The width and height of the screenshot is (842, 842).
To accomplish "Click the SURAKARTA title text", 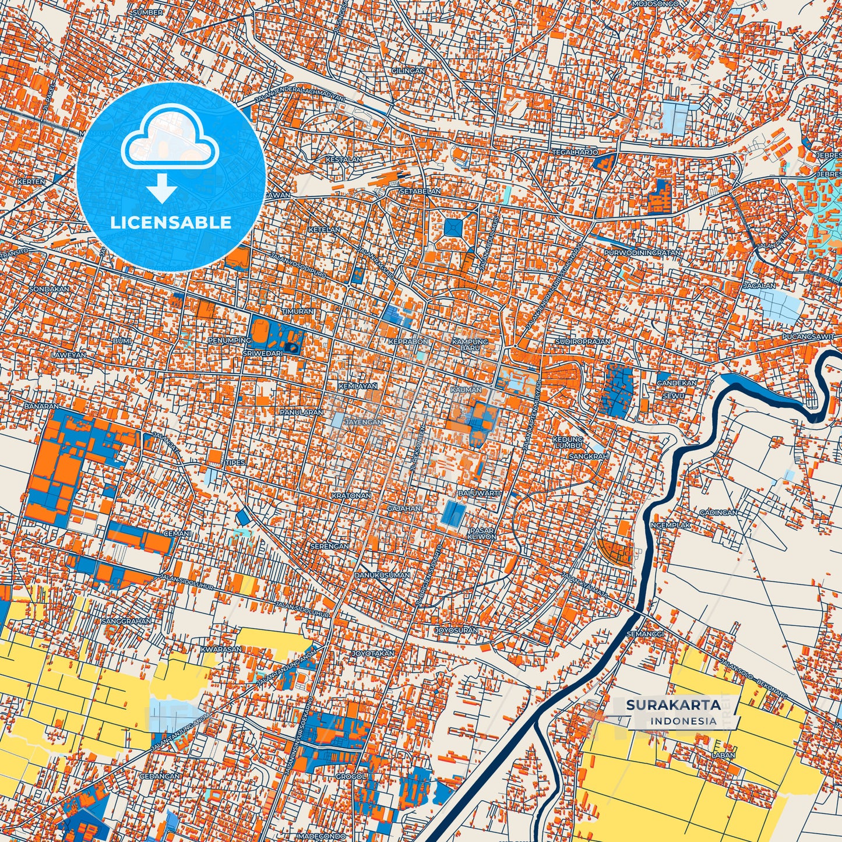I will pyautogui.click(x=673, y=705).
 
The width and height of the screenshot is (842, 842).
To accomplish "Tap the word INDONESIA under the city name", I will pyautogui.click(x=684, y=721).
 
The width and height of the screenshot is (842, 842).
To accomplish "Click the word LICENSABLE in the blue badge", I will pyautogui.click(x=171, y=223).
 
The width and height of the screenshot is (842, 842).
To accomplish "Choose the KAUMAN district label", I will pyautogui.click(x=466, y=389).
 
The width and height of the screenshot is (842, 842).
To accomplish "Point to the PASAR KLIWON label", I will pyautogui.click(x=481, y=533).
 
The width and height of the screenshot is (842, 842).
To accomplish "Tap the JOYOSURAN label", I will pyautogui.click(x=456, y=630).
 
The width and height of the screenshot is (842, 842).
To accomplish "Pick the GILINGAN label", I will pyautogui.click(x=408, y=71).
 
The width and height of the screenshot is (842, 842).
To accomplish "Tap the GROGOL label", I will pyautogui.click(x=350, y=776).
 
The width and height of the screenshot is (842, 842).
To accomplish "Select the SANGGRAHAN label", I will pyautogui.click(x=126, y=621).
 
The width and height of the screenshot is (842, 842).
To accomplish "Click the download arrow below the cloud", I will pyautogui.click(x=163, y=189).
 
